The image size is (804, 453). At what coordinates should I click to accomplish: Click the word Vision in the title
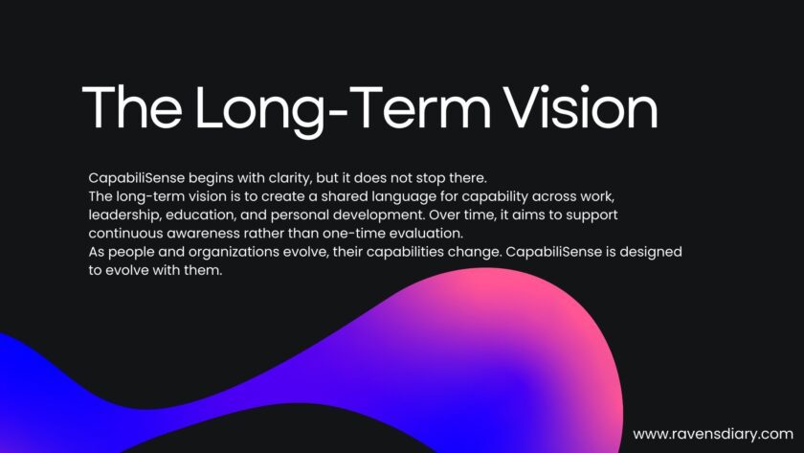(x=580, y=107)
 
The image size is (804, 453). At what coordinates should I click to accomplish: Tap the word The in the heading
(x=132, y=107)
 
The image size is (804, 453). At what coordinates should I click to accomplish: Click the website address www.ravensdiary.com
(x=713, y=434)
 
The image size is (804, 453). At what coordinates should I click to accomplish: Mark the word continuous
(x=125, y=234)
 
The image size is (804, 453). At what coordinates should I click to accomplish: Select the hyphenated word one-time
(x=353, y=234)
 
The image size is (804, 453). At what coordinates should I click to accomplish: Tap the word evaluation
(x=426, y=234)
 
